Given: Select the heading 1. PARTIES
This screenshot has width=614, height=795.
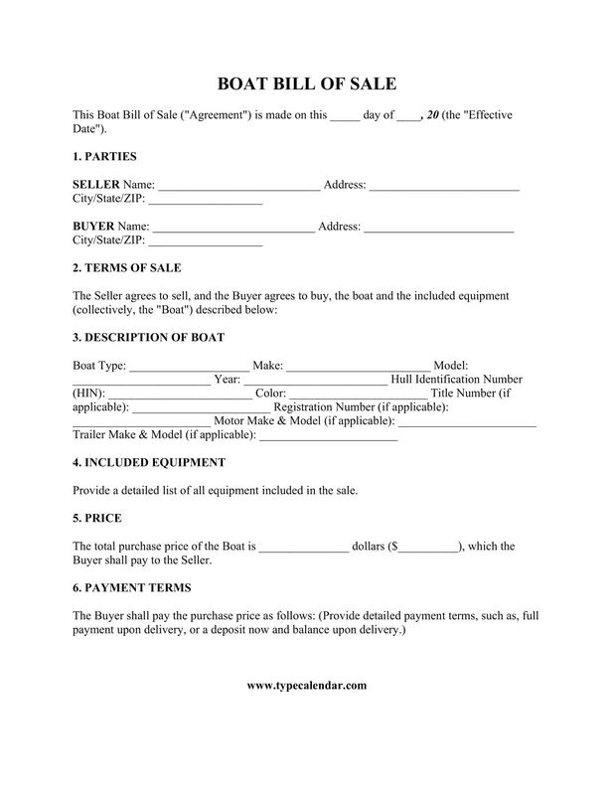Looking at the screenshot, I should (104, 157).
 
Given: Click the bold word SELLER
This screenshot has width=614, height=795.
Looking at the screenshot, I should (96, 185).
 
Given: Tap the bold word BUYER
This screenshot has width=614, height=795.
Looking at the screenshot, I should (94, 227).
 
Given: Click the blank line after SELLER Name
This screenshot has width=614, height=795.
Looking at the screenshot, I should (239, 186).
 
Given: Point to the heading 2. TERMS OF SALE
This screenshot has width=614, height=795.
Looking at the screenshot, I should (127, 268).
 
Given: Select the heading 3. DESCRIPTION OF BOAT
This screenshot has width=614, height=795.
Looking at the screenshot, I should (148, 338).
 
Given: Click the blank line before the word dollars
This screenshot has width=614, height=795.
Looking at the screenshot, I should (304, 547).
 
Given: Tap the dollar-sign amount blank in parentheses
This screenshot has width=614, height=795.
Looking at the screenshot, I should (428, 547).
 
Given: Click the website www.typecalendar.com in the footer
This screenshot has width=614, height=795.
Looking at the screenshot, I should (307, 686).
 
